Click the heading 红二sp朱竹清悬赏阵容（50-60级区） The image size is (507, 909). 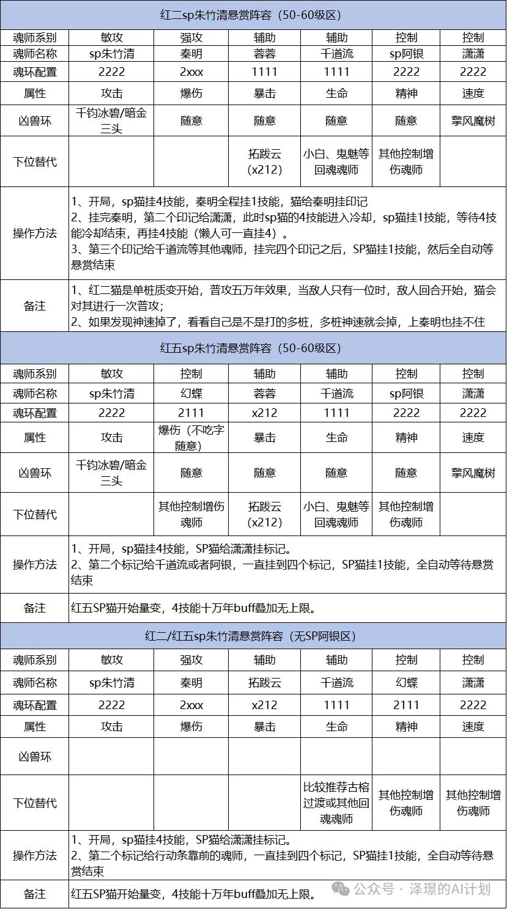253,15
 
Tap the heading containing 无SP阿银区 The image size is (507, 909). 253,636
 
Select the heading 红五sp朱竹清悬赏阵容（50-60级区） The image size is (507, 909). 253,348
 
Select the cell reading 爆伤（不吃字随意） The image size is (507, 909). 191,438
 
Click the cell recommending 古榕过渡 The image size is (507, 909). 336,803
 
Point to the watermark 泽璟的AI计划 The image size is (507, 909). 450,889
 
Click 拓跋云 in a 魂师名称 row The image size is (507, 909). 264,683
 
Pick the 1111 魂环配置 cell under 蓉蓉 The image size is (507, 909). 264,72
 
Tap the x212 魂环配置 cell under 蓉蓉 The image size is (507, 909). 264,413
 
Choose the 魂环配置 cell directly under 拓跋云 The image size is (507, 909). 264,705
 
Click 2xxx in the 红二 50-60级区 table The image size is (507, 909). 191,72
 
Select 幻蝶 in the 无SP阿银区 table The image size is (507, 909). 406,683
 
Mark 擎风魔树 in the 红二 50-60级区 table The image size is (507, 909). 473,121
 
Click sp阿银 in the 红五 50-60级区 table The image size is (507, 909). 406,394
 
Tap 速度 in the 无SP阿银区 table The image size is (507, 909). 473,727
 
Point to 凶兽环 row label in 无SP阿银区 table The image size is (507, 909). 34,757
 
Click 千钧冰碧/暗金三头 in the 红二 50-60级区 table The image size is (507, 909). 111,121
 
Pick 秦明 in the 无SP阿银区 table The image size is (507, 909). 191,683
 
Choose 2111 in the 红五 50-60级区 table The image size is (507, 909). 191,413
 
